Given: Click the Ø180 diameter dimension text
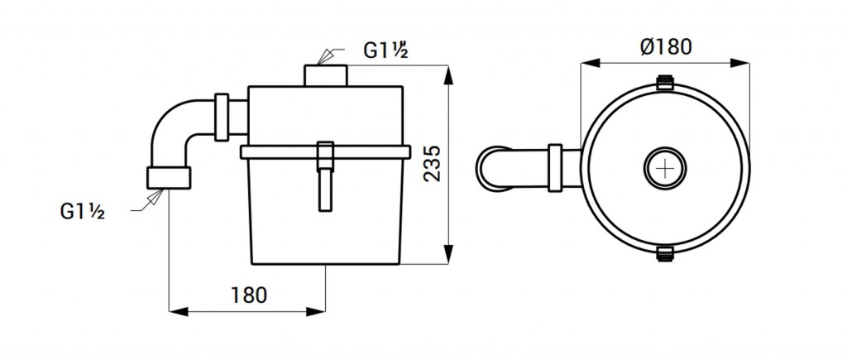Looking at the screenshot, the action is click(666, 47).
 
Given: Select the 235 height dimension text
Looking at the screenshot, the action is click(432, 163).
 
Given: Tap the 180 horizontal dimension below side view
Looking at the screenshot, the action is click(249, 295).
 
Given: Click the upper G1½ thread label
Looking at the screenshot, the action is click(385, 50).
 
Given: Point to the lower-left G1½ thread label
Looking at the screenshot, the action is click(82, 211).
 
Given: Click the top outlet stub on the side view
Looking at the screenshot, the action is click(326, 75).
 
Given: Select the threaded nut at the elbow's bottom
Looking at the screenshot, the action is click(169, 178).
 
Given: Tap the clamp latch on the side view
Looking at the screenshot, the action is click(325, 176).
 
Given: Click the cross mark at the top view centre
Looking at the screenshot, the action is click(665, 168).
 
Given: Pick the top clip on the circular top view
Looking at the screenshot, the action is click(665, 83).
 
